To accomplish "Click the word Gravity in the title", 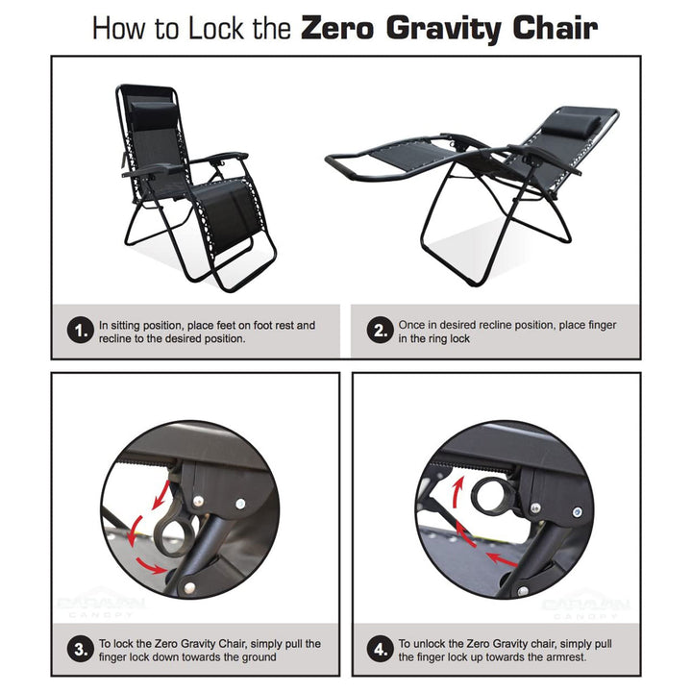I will click(x=455, y=28).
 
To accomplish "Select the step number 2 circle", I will click(x=381, y=332).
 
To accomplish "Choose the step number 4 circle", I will click(x=381, y=649).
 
